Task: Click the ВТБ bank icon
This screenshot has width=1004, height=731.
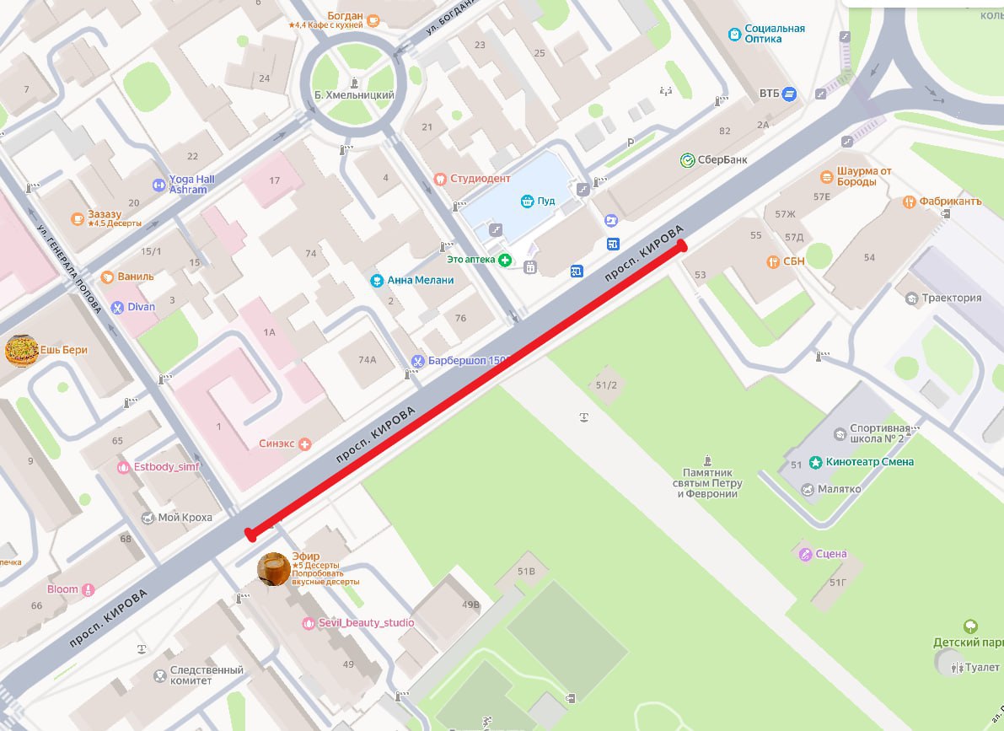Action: click(x=789, y=93)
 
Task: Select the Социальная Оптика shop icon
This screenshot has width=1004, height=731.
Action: click(x=734, y=34)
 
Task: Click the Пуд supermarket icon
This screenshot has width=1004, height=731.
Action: click(x=527, y=201)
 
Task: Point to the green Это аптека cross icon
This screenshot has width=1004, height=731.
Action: click(x=504, y=260)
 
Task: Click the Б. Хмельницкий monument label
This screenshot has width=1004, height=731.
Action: click(x=353, y=95)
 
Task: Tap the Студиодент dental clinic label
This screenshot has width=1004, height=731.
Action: click(x=481, y=179)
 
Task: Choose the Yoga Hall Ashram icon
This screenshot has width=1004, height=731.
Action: click(x=158, y=185)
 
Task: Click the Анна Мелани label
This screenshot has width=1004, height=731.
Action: click(x=421, y=280)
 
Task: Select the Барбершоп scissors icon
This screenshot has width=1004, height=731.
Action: click(x=416, y=361)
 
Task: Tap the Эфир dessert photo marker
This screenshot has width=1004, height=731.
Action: click(x=274, y=568)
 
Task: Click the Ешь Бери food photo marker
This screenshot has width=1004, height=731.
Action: click(x=21, y=350)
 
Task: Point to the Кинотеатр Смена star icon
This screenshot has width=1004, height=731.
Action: click(x=815, y=462)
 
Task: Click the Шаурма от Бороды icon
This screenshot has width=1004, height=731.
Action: click(x=826, y=176)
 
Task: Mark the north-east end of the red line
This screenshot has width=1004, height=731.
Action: click(x=681, y=247)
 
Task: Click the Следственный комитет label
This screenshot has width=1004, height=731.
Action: click(x=207, y=675)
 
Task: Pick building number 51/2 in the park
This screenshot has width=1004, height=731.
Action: click(x=606, y=385)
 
